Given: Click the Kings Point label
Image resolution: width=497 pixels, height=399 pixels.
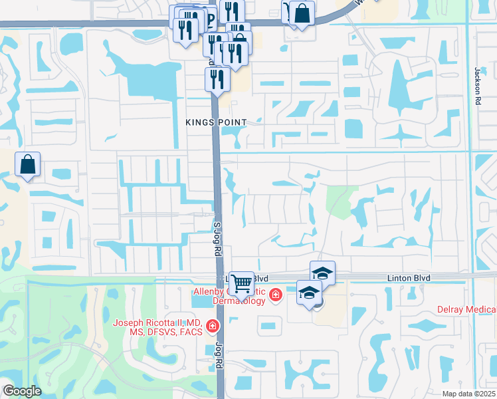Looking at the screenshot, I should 216,122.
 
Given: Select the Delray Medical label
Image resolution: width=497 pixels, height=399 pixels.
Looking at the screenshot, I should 466,309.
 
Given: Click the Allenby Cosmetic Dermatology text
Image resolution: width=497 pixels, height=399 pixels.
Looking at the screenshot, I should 229,292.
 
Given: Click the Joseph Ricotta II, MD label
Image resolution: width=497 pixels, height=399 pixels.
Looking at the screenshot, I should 159,327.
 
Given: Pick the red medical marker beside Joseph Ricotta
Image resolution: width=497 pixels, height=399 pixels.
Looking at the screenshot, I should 212,326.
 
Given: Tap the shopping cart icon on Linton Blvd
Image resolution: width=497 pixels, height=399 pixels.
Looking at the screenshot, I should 242,283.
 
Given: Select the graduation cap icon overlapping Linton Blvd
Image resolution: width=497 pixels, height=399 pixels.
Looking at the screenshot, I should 322,273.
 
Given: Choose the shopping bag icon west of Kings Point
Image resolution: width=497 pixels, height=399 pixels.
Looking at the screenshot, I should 28,164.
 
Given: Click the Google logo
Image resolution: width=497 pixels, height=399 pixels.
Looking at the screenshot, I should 21,391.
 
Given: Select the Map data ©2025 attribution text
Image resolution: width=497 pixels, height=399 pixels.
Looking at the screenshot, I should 468,394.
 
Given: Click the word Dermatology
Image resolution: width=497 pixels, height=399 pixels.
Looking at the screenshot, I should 240,301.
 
